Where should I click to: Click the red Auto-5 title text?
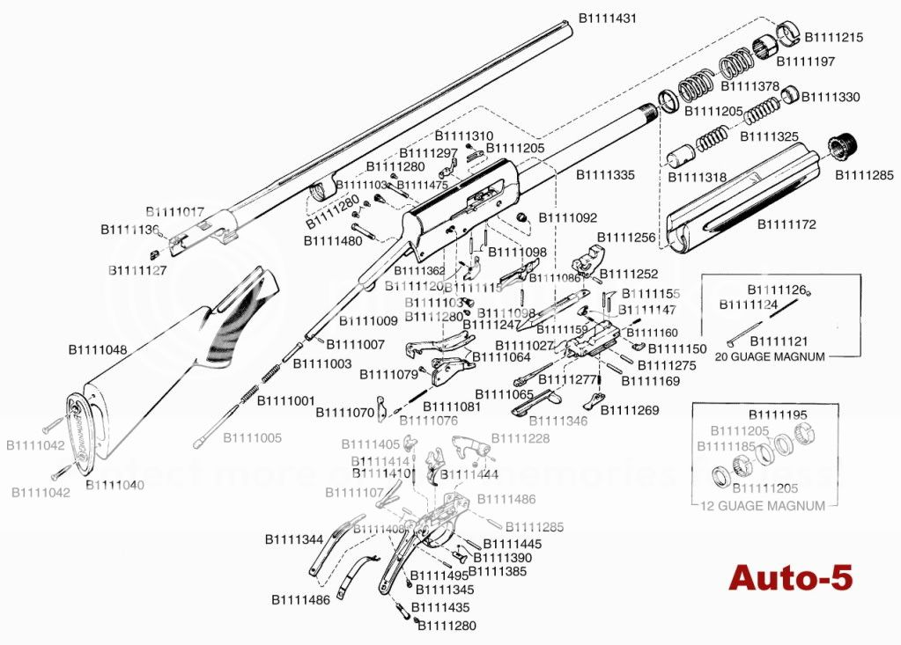(790, 578)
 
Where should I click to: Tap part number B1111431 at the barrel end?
(607, 18)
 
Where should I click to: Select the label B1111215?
(833, 37)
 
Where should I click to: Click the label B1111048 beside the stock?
(98, 349)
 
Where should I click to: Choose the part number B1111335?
(605, 175)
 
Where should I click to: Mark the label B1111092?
(567, 217)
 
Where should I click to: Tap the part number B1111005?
(252, 437)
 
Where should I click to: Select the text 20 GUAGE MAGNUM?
(769, 356)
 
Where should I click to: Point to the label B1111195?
(778, 414)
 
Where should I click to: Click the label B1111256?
(627, 238)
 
